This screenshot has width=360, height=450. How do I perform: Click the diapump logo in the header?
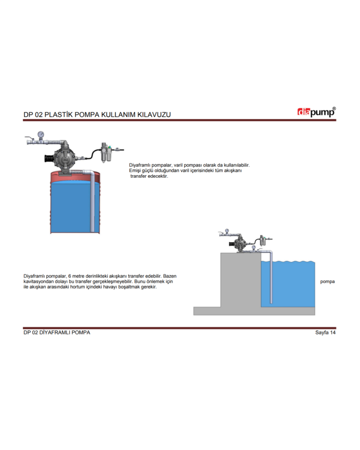[316, 112]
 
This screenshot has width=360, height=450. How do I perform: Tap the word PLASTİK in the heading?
[59, 114]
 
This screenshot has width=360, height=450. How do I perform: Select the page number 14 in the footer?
[333, 332]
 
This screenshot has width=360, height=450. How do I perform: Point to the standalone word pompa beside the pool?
[327, 282]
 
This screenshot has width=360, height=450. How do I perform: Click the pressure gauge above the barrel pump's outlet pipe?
[41, 135]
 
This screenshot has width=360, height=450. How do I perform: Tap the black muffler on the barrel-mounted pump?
[49, 159]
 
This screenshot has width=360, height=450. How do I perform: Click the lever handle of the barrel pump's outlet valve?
[29, 137]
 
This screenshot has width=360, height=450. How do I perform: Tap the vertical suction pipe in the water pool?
[271, 278]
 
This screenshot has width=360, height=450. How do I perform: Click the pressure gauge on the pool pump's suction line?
[254, 247]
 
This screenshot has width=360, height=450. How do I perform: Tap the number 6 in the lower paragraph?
[69, 276]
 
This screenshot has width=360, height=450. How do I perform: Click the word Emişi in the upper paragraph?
[135, 171]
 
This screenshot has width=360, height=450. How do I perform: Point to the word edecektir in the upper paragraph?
[158, 176]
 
